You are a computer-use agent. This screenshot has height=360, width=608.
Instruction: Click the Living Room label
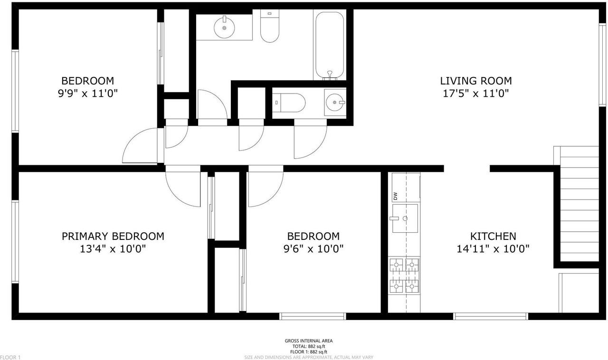[x=475, y=81]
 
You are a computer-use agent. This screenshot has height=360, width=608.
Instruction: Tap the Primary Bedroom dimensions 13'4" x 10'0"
[x=113, y=248]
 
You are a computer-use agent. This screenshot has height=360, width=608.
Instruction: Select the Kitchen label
[x=493, y=236]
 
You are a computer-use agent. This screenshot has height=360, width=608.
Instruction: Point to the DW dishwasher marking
[x=395, y=195]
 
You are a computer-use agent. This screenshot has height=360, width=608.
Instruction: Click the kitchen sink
[x=405, y=218]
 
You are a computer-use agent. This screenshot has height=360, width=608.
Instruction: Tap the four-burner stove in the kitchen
[x=404, y=275]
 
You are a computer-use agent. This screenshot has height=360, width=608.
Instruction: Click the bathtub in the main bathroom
[x=328, y=45]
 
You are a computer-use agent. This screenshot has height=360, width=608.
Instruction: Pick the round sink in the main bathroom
[x=223, y=27]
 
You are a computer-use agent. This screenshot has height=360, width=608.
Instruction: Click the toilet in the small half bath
[x=288, y=102]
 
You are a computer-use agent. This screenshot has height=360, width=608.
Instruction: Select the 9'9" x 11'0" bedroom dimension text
[x=87, y=94]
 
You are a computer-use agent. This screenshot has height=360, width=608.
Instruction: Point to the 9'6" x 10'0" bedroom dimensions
[x=313, y=248]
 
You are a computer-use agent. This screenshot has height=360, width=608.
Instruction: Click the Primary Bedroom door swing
[x=182, y=188]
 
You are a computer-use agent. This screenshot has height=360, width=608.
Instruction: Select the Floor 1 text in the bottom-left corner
[x=10, y=357]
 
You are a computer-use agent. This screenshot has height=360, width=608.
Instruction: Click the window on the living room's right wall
[x=602, y=64]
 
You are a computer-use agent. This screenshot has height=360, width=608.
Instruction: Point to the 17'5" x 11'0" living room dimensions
[x=475, y=94]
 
